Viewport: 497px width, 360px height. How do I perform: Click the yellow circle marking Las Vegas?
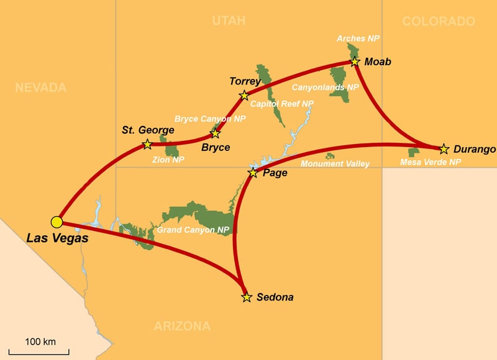click(x=57, y=222)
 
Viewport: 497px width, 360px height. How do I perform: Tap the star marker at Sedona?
click(x=247, y=297)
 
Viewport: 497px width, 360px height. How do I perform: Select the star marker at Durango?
click(x=444, y=150)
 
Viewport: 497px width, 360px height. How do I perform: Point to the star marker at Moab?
click(x=355, y=61)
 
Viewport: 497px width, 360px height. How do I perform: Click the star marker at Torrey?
click(x=244, y=96)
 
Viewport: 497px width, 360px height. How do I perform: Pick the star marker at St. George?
click(x=147, y=144)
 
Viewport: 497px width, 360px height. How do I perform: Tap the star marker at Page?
click(x=253, y=173)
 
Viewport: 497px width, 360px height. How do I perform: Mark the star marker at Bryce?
click(x=216, y=133)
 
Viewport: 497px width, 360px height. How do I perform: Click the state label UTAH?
click(x=229, y=21)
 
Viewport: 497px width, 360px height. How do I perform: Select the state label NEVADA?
click(x=40, y=88)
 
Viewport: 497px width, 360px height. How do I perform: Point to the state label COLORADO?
click(x=439, y=22)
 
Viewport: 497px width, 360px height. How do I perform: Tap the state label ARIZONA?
click(x=181, y=326)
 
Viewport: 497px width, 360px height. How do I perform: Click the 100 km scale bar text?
click(x=40, y=342)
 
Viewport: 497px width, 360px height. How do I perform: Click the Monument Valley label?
click(x=335, y=164)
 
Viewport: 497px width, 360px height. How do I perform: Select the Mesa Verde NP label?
click(x=431, y=163)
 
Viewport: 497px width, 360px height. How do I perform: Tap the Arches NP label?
click(x=358, y=38)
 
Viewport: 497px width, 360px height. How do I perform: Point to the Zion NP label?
click(x=168, y=160)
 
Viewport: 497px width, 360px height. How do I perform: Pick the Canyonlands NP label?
click(x=325, y=88)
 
